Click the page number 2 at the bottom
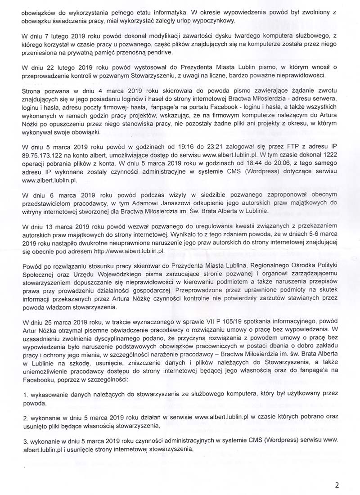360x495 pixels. click(x=337, y=485)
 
